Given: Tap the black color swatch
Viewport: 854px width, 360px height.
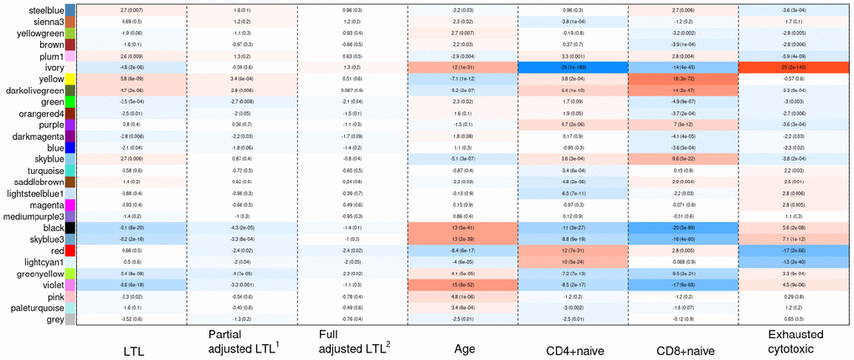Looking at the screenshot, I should pyautogui.click(x=70, y=228).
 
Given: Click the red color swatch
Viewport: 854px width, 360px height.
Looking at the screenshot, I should pyautogui.click(x=70, y=250).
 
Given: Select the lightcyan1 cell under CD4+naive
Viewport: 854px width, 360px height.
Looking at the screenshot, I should pyautogui.click(x=573, y=262).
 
